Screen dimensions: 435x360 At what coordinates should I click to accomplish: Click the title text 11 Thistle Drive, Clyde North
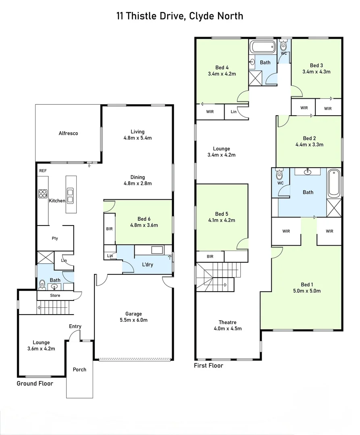point(180,16)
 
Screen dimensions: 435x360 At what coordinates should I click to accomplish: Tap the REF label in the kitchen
point(43,171)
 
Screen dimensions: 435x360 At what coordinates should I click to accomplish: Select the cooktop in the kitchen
point(43,193)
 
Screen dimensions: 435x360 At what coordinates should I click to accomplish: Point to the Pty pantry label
point(55,238)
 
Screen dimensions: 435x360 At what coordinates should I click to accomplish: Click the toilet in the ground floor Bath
point(42,284)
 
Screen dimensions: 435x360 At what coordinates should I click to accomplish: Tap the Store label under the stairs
point(55,296)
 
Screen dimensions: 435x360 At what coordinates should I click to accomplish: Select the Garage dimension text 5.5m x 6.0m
point(133,320)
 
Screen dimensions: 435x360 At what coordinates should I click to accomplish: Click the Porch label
point(79,369)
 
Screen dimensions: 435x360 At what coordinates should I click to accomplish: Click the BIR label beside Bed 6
point(109,229)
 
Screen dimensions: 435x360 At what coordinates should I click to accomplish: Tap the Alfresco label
point(68,133)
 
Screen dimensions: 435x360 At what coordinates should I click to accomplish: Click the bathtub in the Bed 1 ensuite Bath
point(334,183)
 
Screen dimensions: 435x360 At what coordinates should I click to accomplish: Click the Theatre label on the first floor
point(227,322)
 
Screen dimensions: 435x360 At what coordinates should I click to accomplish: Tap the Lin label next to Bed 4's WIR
point(234,112)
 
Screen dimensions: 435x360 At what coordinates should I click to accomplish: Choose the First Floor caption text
point(208,365)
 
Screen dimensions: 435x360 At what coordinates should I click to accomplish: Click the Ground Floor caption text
point(35,383)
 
